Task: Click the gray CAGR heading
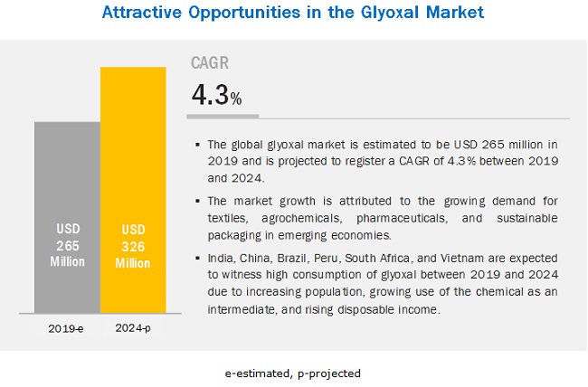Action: [x=209, y=63]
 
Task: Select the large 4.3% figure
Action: [x=215, y=95]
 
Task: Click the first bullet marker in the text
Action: [x=197, y=145]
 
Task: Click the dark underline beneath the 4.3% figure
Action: [x=223, y=116]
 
